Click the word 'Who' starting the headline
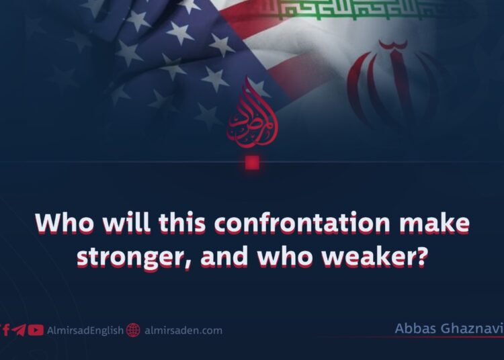(59, 224)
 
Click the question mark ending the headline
(421, 256)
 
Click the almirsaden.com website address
(183, 330)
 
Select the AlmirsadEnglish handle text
(85, 330)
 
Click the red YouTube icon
(36, 330)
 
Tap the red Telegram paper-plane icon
(20, 330)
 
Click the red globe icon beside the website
(133, 330)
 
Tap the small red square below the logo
(252, 163)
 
